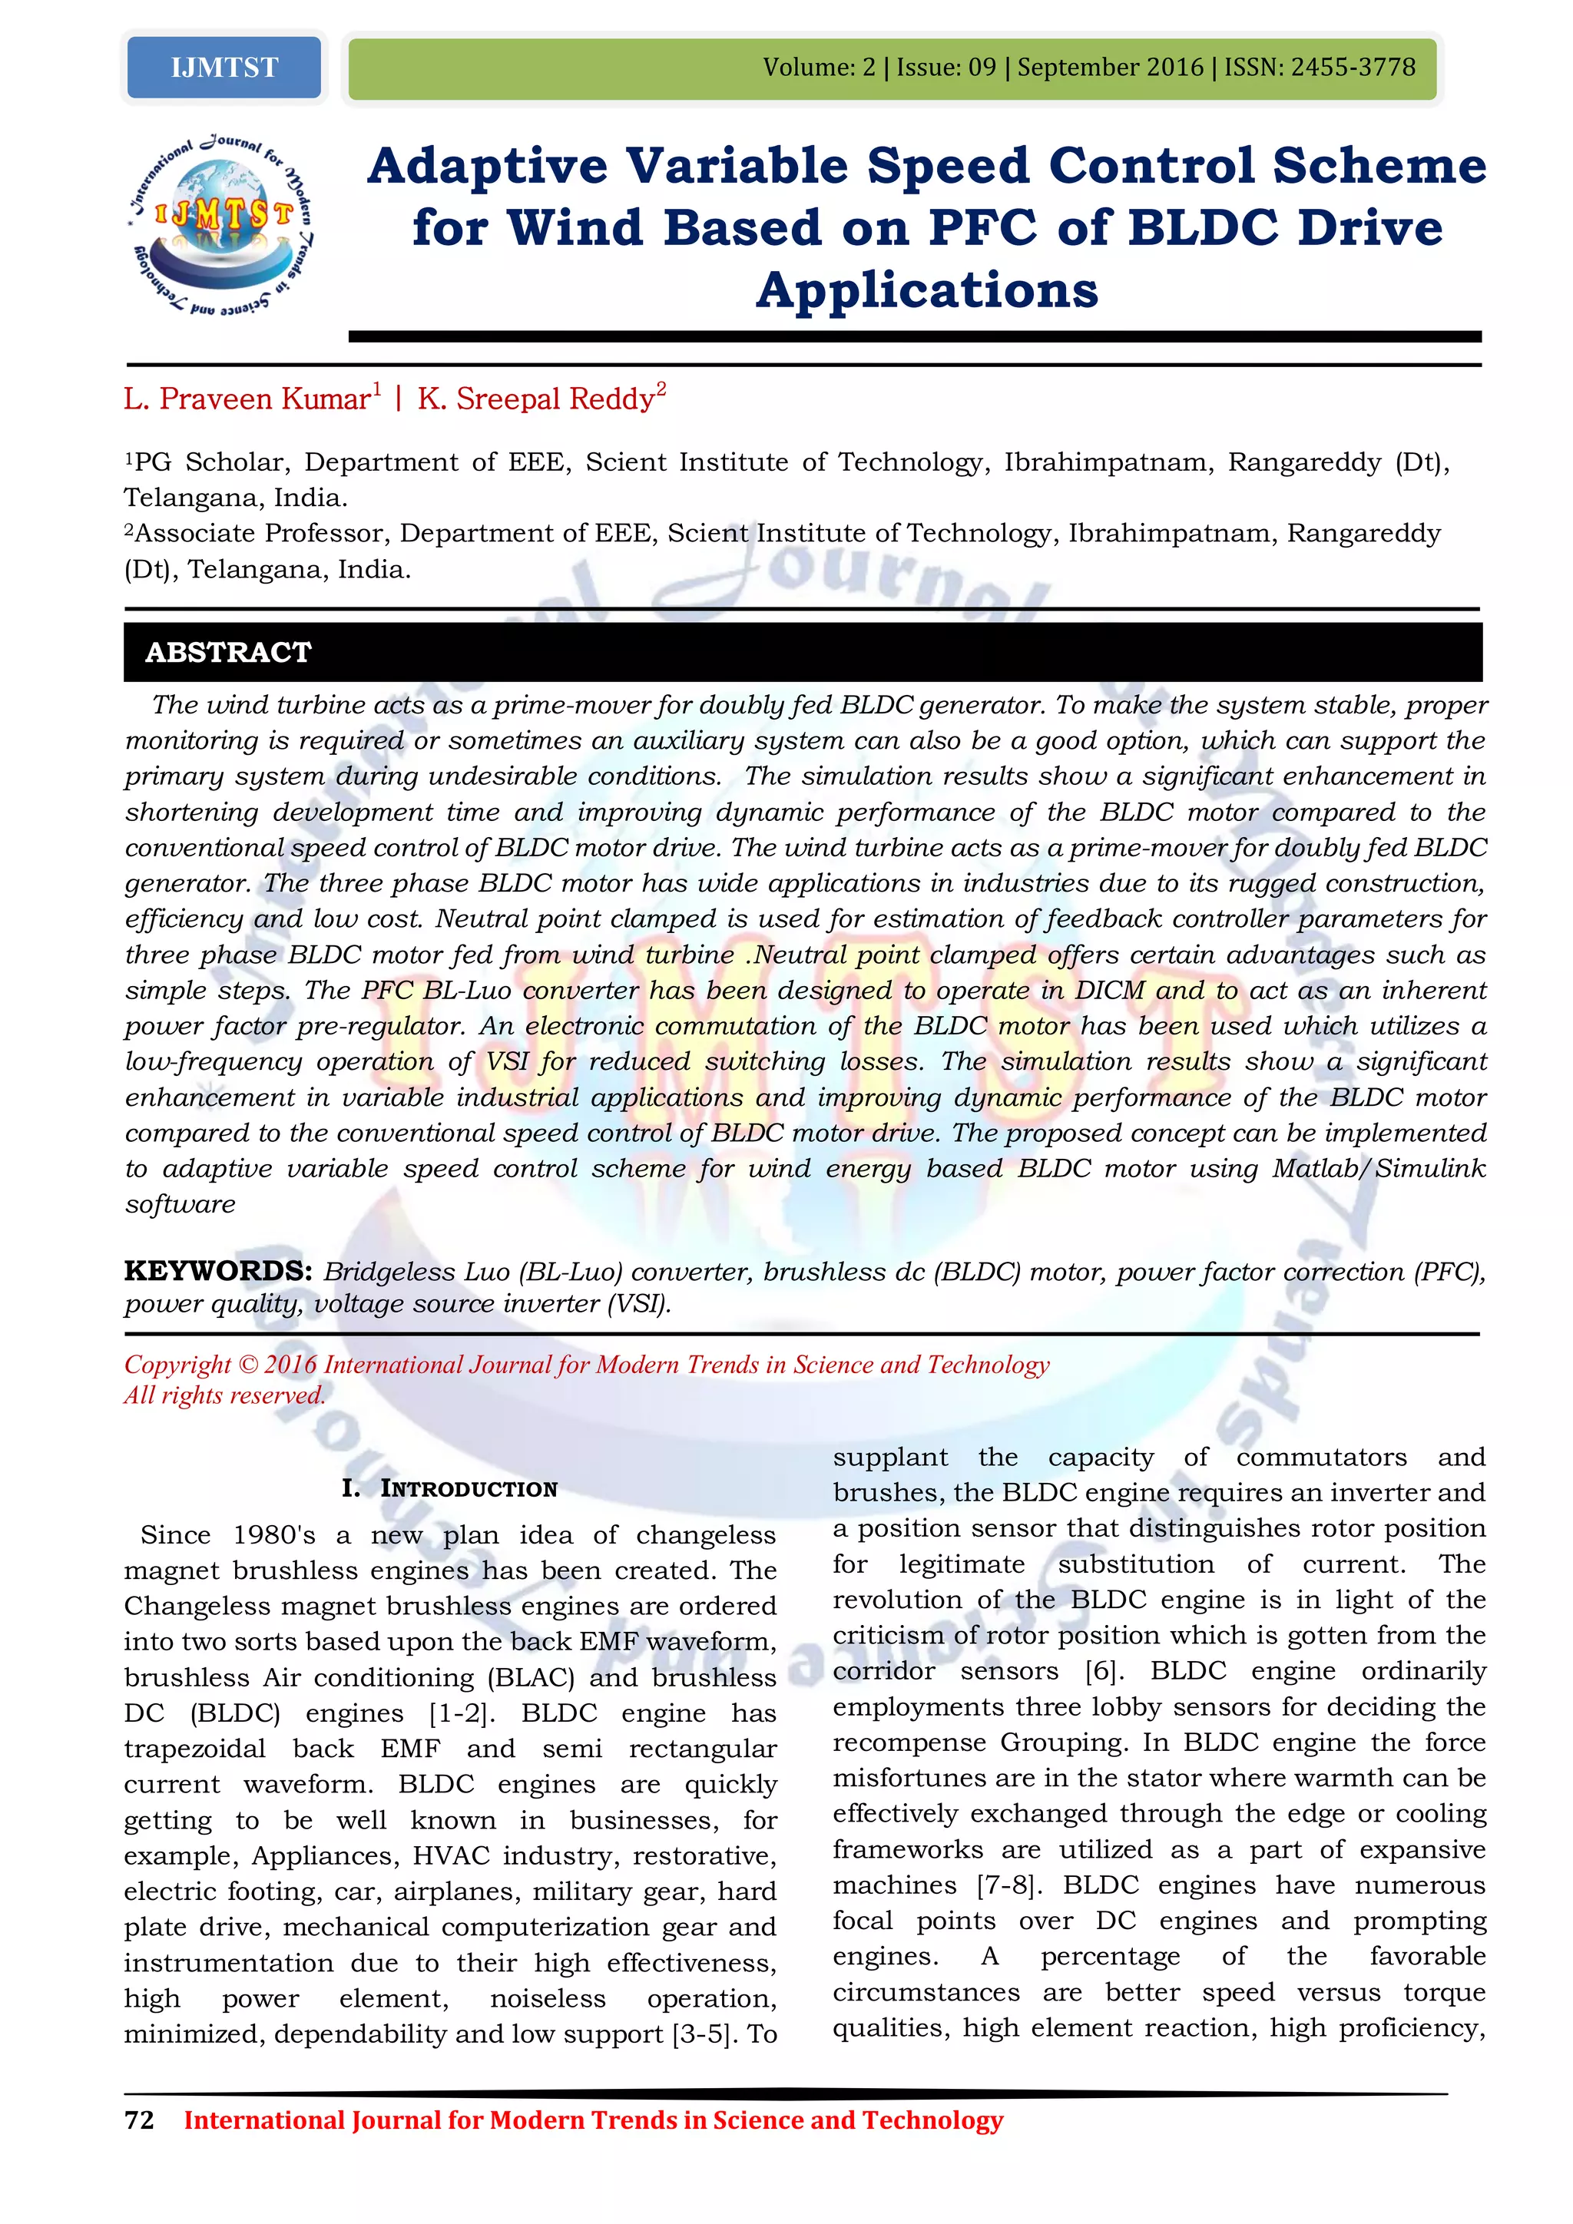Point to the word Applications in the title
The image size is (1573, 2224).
(927, 290)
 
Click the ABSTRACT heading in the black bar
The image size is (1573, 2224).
(229, 652)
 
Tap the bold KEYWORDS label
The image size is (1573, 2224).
(217, 1270)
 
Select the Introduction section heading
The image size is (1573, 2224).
(449, 1488)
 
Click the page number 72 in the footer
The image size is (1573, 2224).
(140, 2120)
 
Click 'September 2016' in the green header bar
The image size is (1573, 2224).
(1110, 67)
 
